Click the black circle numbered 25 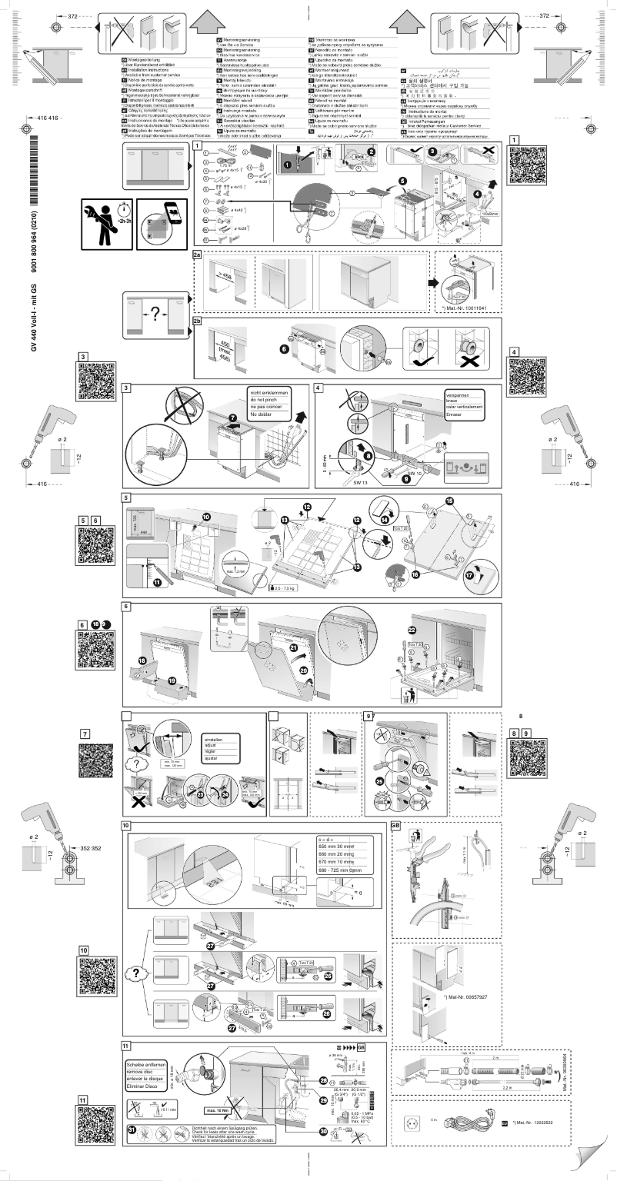380,779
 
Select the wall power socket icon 409,1123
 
